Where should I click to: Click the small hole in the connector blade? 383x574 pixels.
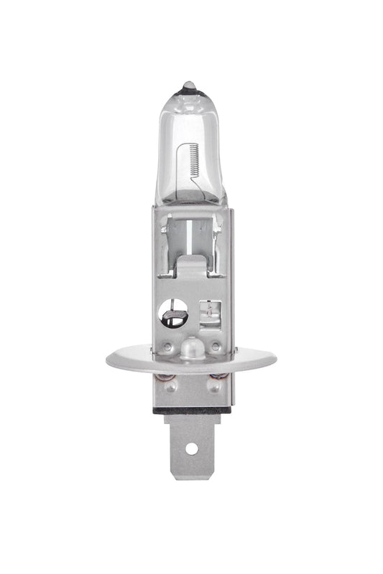191,448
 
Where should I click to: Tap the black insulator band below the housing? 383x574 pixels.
191,410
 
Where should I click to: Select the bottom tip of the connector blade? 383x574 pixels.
191,478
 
